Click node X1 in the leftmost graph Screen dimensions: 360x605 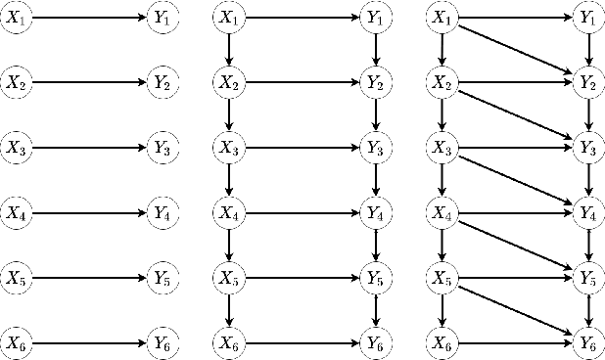point(16,18)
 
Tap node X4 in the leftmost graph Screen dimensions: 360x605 point(16,211)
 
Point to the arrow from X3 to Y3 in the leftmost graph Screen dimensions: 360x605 point(88,148)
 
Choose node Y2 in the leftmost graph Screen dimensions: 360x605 point(162,83)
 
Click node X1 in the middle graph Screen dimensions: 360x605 point(228,18)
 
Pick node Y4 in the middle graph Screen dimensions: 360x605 point(374,211)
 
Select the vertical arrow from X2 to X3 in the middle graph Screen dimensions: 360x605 point(228,115)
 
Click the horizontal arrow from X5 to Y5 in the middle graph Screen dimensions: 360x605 point(301,277)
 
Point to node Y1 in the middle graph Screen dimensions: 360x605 point(374,18)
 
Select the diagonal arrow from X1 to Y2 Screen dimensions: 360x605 point(515,50)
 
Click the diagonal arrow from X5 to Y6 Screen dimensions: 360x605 point(515,309)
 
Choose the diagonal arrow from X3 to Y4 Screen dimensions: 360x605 point(515,180)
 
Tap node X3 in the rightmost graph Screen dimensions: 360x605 point(442,148)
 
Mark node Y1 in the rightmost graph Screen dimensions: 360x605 point(587,18)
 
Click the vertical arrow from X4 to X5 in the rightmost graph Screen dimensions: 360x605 point(442,245)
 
